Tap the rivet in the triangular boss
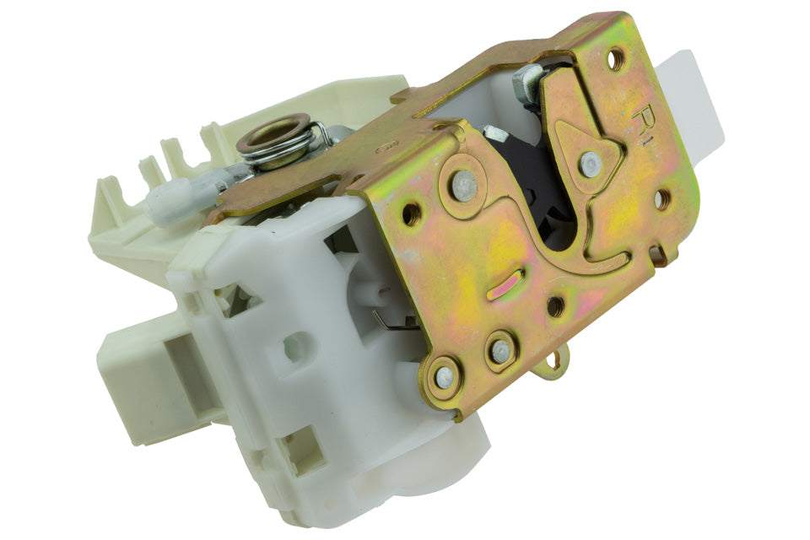click(x=591, y=165)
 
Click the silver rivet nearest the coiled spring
click(x=462, y=185)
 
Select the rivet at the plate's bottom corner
click(x=444, y=377)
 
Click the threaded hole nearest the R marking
click(x=617, y=58)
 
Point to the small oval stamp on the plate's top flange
click(x=387, y=147)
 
